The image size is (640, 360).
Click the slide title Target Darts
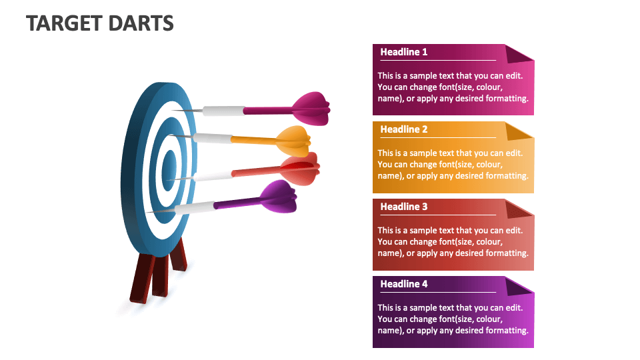pos(100,23)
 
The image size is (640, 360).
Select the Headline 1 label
pos(404,52)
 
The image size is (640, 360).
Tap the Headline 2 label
pos(404,129)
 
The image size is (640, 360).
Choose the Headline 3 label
pos(404,207)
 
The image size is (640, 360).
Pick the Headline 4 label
pos(404,284)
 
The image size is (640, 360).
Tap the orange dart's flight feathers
pos(293,138)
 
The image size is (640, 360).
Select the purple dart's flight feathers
pos(279,196)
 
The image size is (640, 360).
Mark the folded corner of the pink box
pos(518,53)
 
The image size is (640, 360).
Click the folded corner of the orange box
pos(518,131)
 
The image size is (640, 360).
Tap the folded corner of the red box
pos(518,208)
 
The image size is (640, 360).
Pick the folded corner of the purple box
pos(518,285)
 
